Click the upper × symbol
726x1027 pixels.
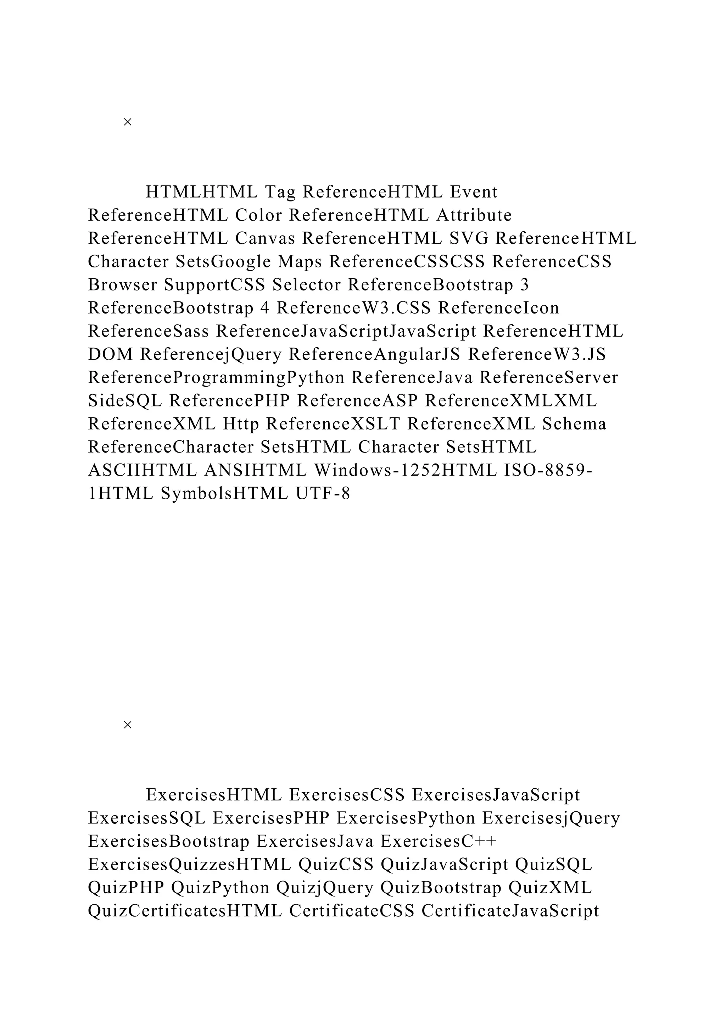(x=127, y=122)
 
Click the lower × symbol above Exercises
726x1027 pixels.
(x=127, y=725)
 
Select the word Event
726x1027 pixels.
(x=474, y=192)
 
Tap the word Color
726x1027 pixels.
(x=259, y=216)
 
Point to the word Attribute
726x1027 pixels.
(x=474, y=216)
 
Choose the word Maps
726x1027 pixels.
(x=300, y=262)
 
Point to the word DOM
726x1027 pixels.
(x=110, y=355)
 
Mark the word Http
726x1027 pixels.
(x=241, y=424)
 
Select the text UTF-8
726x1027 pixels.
(x=323, y=494)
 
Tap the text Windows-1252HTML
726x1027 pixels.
(x=406, y=471)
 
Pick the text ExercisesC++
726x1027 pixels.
(x=439, y=842)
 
